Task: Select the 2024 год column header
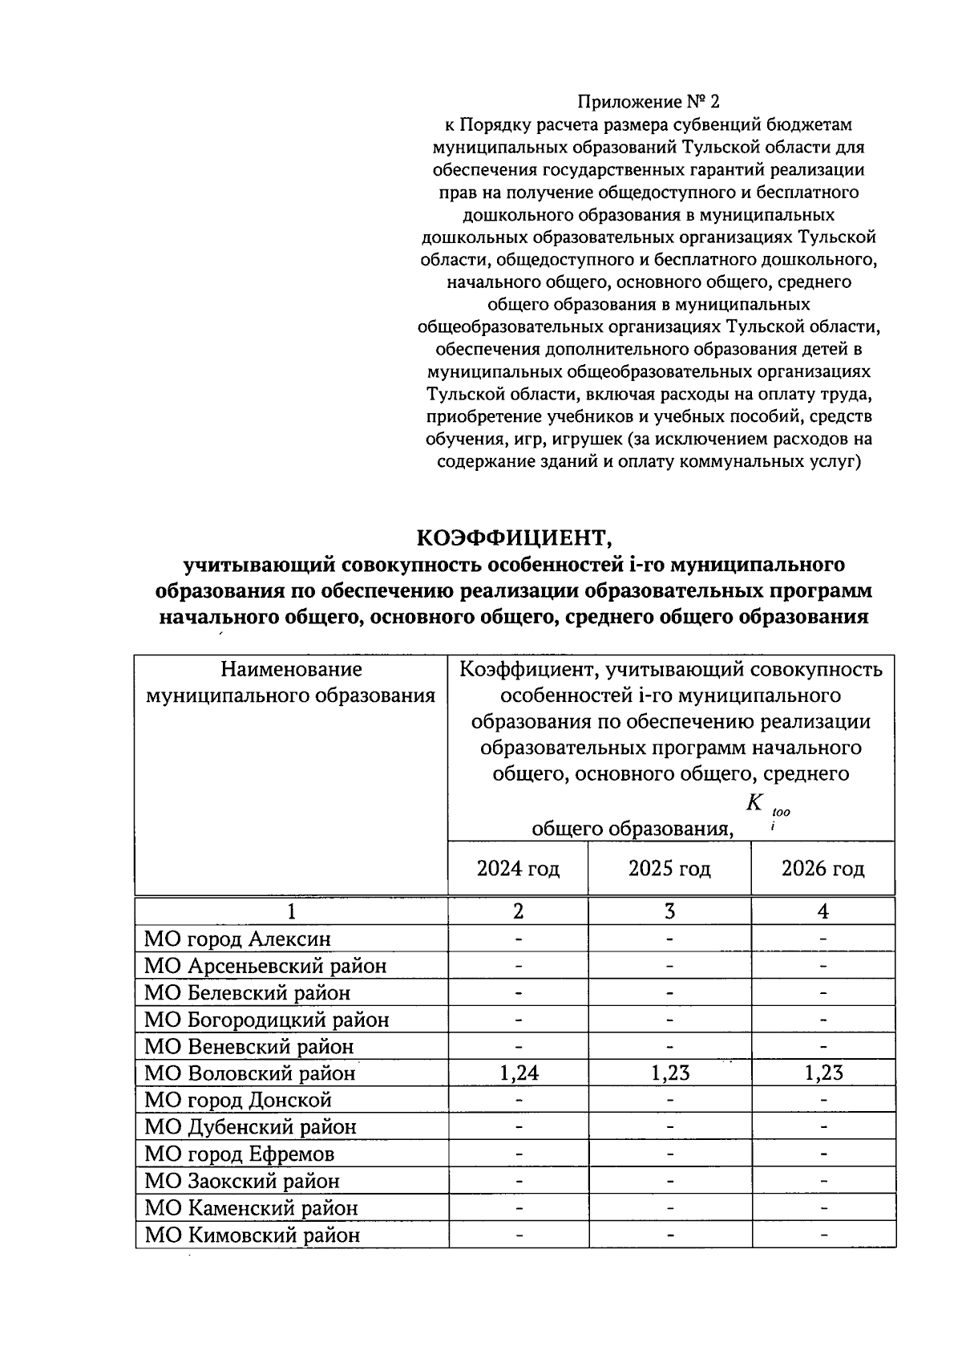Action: pyautogui.click(x=518, y=869)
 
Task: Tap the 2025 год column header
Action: pyautogui.click(x=669, y=869)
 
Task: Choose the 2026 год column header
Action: pyautogui.click(x=823, y=869)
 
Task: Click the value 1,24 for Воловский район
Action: pyautogui.click(x=519, y=1073)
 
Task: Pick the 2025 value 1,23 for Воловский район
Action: pyautogui.click(x=669, y=1073)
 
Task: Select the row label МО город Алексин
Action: pyautogui.click(x=237, y=939)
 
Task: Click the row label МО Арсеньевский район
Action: pyautogui.click(x=265, y=966)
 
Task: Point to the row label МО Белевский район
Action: pyautogui.click(x=247, y=993)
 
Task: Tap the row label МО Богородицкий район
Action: pyautogui.click(x=266, y=1020)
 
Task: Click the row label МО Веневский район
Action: pyautogui.click(x=249, y=1047)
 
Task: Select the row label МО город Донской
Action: pyautogui.click(x=238, y=1100)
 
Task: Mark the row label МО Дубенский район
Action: pyautogui.click(x=250, y=1127)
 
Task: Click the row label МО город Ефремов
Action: pyautogui.click(x=239, y=1154)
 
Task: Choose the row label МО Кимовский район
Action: pyautogui.click(x=252, y=1235)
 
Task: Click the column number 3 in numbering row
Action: pyautogui.click(x=669, y=911)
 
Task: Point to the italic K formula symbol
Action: pyautogui.click(x=754, y=802)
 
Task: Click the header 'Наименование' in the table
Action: pyautogui.click(x=291, y=669)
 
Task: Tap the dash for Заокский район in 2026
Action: pyautogui.click(x=823, y=1181)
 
